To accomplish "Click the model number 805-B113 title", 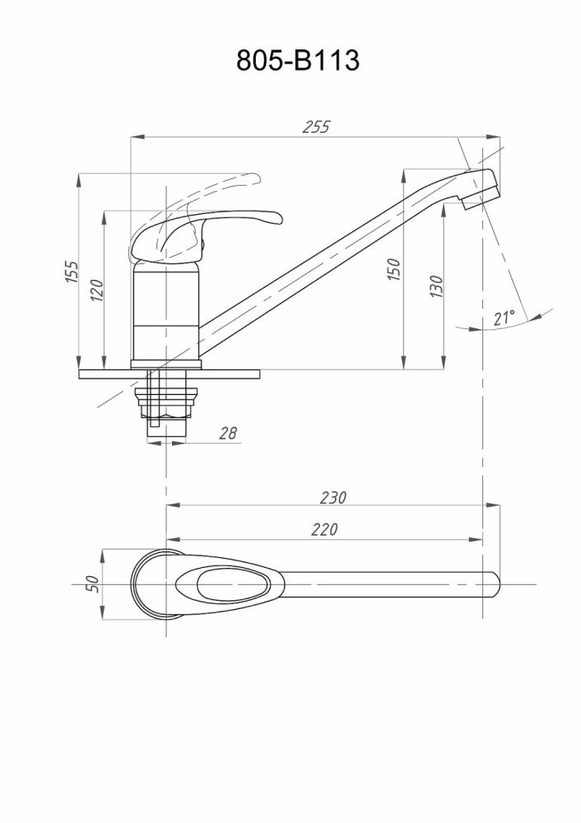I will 297,61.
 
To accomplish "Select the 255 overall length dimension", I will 316,127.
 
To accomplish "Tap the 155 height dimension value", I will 72,272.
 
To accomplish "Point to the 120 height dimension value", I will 96,290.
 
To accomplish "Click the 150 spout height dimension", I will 394,269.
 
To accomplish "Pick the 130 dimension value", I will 436,286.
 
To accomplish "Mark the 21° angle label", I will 504,317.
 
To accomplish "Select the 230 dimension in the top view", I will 334,497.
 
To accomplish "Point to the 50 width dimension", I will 93,583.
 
